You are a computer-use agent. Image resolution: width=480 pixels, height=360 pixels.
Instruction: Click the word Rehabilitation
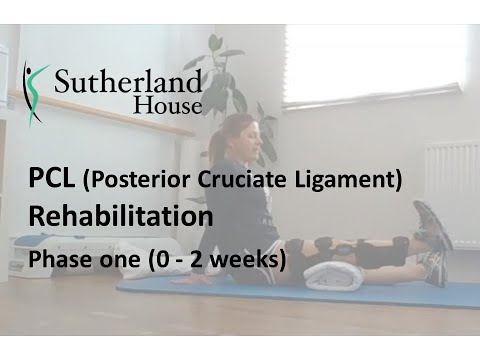[x=120, y=217]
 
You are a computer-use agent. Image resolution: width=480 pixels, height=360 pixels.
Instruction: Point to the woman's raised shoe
[x=432, y=225]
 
